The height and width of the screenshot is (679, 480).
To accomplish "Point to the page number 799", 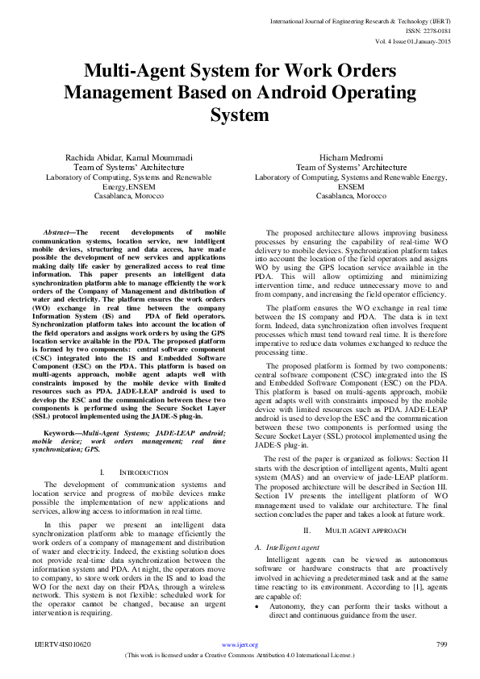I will coord(441,644).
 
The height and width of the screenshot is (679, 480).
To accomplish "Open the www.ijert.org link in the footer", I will coord(240,645).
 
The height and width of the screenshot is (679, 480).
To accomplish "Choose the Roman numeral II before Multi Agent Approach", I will coord(307,530).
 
